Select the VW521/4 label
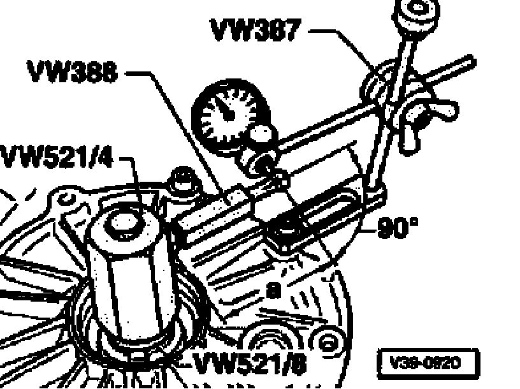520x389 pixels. (x=56, y=156)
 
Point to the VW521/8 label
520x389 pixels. (x=249, y=363)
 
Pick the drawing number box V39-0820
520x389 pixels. (x=426, y=363)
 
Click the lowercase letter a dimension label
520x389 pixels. (x=272, y=291)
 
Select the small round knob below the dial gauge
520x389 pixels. (x=259, y=133)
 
